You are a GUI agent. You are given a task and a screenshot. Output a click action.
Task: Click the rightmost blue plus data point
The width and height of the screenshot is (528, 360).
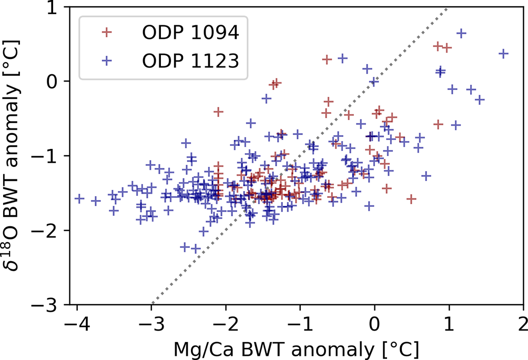(x=503, y=54)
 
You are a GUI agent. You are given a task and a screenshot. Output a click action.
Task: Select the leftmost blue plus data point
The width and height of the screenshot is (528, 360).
(x=79, y=198)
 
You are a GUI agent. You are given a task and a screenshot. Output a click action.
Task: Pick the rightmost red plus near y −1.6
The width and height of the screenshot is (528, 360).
(x=411, y=199)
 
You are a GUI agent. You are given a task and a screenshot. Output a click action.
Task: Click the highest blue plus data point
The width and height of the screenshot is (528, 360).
(x=461, y=33)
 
